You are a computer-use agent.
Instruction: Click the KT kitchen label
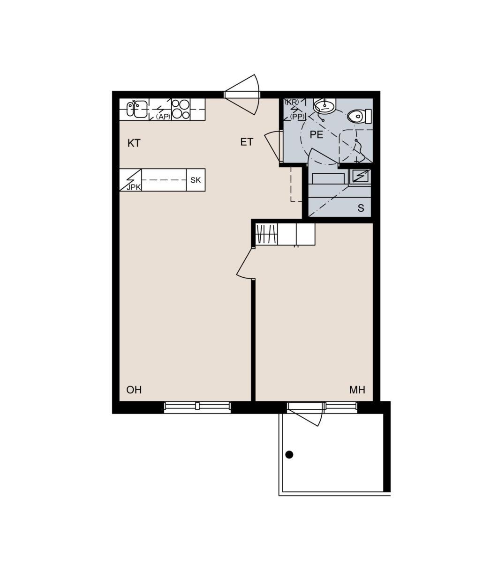pos(134,143)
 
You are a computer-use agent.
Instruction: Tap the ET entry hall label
pos(247,142)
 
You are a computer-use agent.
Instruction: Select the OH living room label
pos(134,390)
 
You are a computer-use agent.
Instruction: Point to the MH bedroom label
pos(357,390)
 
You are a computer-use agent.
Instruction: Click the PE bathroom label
pos(317,134)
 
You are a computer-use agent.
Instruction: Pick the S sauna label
pos(361,208)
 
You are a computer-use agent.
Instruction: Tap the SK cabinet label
pos(196,180)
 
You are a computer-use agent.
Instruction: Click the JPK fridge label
pos(134,187)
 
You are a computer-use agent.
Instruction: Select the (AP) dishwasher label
pos(163,117)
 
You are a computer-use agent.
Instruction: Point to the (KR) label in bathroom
pos(292,102)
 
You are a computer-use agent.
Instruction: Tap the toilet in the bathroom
pos(359,116)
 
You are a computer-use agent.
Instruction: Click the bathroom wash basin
pos(325,105)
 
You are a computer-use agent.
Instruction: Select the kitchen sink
pos(137,108)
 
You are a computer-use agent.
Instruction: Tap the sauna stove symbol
pos(360,176)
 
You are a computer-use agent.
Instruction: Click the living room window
pos(197,406)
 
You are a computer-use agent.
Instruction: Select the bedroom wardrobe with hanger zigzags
pos(267,234)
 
